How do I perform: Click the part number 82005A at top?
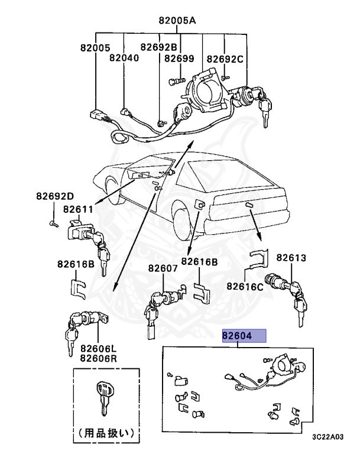tap(177, 20)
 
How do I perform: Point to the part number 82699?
tap(179, 59)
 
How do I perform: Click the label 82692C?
tap(225, 59)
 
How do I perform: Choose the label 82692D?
tap(54, 196)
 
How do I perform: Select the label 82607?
tap(163, 268)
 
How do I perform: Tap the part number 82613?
tap(291, 258)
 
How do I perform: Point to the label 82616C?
tap(245, 287)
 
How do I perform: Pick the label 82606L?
tap(98, 349)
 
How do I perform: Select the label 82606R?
tap(98, 358)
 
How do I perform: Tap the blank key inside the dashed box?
tap(103, 397)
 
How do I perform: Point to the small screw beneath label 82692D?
tap(53, 223)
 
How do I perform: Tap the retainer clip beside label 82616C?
tap(258, 260)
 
